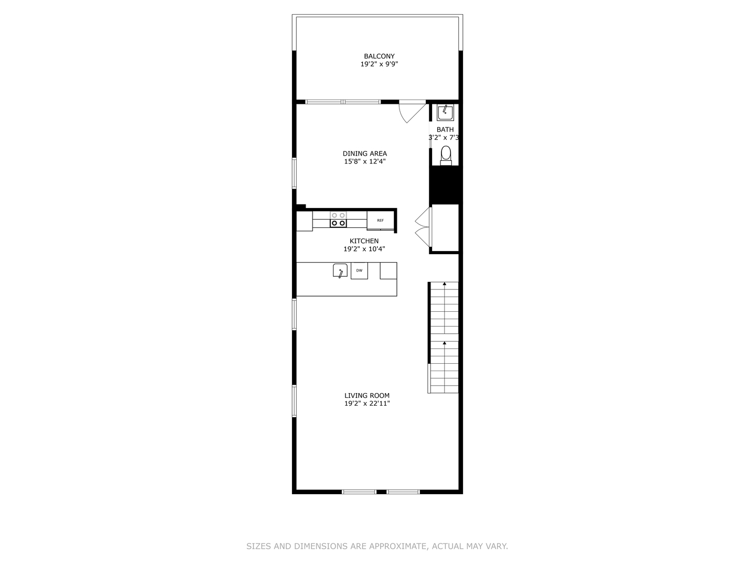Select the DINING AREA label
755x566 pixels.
click(365, 154)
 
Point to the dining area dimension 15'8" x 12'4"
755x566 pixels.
click(365, 161)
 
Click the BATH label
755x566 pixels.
click(445, 129)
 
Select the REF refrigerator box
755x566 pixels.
click(381, 220)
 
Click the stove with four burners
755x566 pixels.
click(338, 219)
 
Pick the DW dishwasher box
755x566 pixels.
click(359, 270)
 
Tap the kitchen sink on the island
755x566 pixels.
click(340, 271)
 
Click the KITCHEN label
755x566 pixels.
click(364, 241)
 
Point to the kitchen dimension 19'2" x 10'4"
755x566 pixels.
click(364, 249)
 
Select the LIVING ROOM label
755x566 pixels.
click(367, 396)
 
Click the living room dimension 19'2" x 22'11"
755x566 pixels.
click(367, 404)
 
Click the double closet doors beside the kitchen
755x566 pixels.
click(423, 226)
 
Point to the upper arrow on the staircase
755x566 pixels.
click(445, 284)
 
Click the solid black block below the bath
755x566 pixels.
click(445, 184)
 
